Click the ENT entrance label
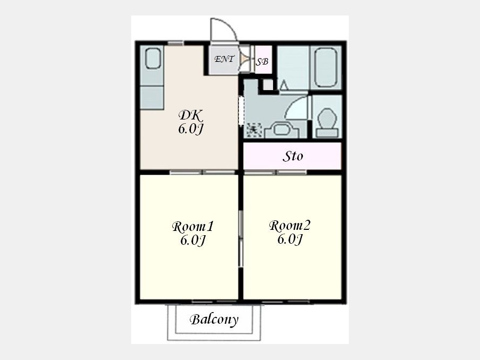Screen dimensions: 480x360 click(225, 59)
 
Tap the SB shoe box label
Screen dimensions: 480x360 click(262, 62)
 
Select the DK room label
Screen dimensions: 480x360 click(191, 115)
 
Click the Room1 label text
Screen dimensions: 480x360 click(193, 227)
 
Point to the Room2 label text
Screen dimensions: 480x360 click(290, 226)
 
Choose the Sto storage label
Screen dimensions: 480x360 click(293, 156)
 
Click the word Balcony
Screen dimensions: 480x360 click(214, 319)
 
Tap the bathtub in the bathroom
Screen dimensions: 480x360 click(326, 67)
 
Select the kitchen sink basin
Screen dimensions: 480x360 click(153, 59)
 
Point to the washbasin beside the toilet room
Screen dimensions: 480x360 click(282, 130)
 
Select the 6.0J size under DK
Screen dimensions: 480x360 click(191, 129)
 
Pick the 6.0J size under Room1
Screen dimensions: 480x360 click(193, 241)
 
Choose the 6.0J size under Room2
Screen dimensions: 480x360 click(290, 239)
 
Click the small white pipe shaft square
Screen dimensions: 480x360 click(268, 85)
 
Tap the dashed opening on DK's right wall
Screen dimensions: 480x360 click(241, 110)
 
